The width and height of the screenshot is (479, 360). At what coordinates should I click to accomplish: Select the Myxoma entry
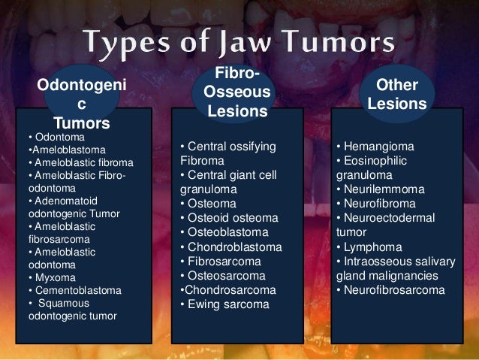click(53, 277)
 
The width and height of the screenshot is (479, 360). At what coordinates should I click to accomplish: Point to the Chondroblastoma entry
click(234, 247)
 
